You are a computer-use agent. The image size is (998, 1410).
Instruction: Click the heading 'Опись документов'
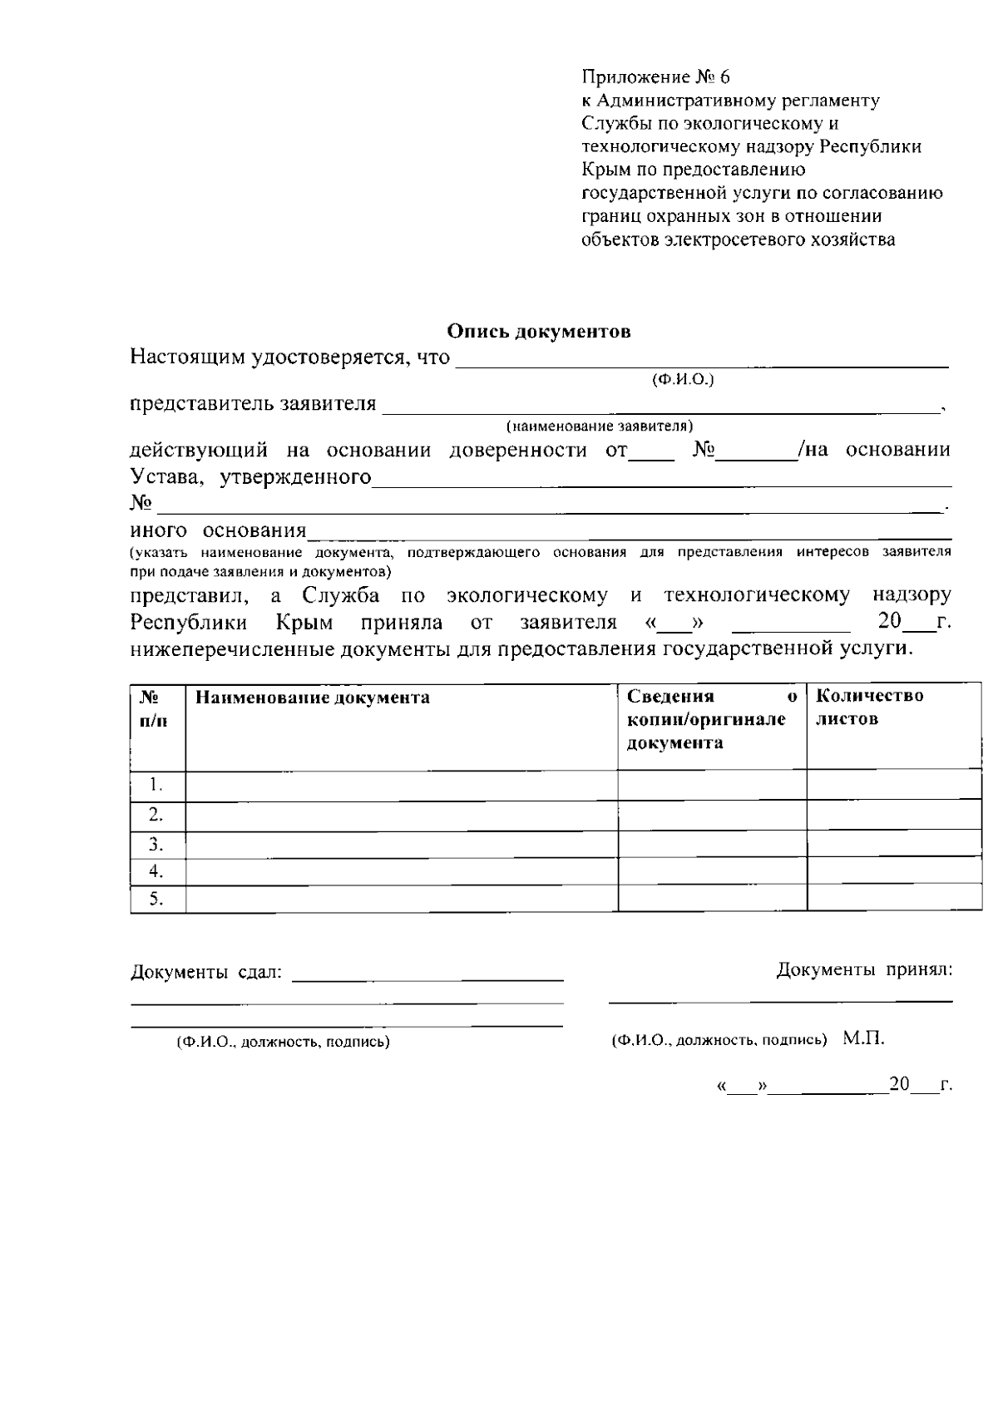pyautogui.click(x=539, y=332)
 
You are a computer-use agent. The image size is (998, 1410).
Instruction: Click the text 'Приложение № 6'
pyautogui.click(x=655, y=77)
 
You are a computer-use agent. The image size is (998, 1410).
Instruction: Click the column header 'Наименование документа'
pyautogui.click(x=313, y=698)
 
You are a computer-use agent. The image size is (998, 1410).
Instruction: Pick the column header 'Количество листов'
pyautogui.click(x=869, y=707)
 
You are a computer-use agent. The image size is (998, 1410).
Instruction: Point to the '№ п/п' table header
pyautogui.click(x=154, y=708)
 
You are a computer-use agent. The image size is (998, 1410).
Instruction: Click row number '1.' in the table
pyautogui.click(x=155, y=785)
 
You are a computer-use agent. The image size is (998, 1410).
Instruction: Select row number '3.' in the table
pyautogui.click(x=155, y=845)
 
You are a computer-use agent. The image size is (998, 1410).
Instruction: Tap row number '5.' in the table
pyautogui.click(x=155, y=899)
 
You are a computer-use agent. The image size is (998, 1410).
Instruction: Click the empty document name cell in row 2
pyautogui.click(x=401, y=815)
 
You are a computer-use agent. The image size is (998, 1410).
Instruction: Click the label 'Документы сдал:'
pyautogui.click(x=206, y=972)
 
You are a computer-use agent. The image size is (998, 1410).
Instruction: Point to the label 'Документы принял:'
pyautogui.click(x=864, y=969)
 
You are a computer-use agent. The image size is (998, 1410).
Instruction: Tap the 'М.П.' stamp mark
pyautogui.click(x=863, y=1039)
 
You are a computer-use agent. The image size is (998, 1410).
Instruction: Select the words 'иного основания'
pyautogui.click(x=218, y=530)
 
